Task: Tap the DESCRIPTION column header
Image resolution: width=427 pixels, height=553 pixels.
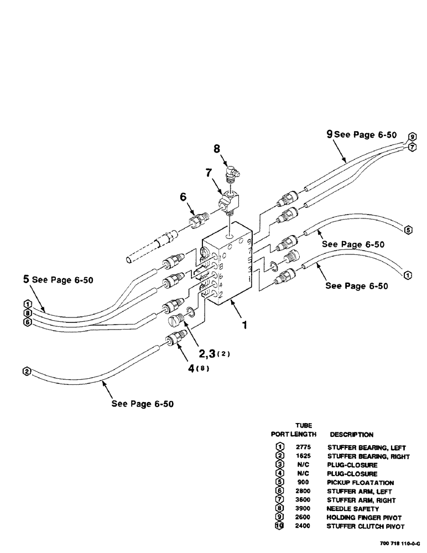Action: click(x=352, y=435)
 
